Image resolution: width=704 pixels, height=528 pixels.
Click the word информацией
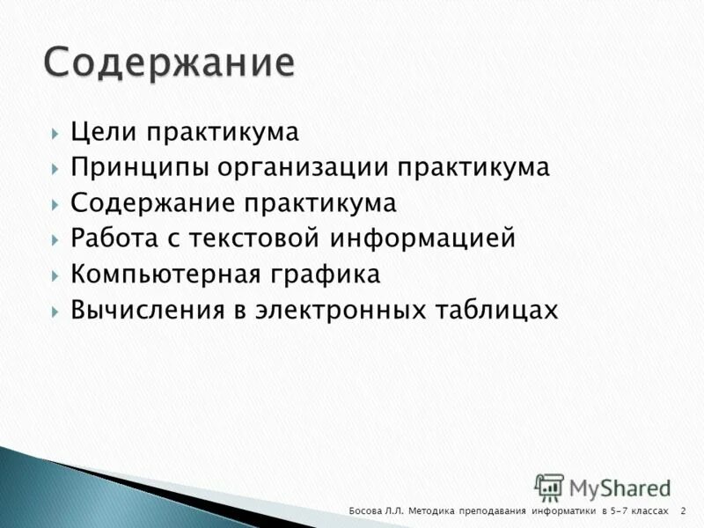tap(422, 239)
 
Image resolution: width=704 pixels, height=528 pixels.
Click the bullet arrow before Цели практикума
tap(55, 133)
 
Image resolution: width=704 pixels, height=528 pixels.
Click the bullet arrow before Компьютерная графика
tap(55, 275)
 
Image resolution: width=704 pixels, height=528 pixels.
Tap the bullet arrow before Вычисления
tap(55, 312)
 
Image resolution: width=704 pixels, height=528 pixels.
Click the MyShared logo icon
tap(549, 487)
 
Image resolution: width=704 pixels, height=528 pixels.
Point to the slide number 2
tap(683, 511)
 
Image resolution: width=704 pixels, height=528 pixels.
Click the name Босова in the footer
tap(366, 511)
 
